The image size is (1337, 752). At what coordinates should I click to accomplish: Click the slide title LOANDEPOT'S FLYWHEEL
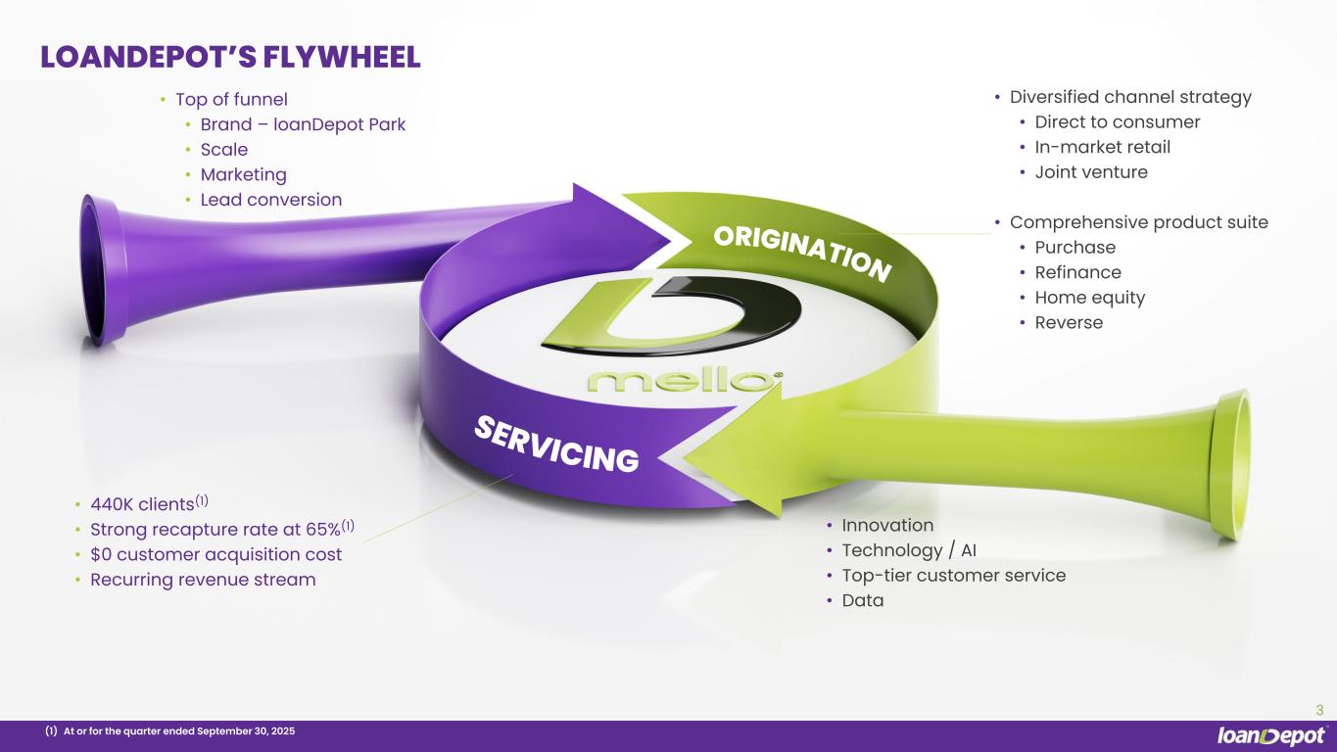(230, 58)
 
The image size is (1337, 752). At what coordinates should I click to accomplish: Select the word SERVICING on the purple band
(556, 444)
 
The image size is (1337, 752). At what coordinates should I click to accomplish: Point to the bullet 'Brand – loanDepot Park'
(303, 124)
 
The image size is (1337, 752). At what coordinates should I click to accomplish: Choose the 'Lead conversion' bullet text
(271, 200)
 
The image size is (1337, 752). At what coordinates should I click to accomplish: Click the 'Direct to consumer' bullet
(1117, 121)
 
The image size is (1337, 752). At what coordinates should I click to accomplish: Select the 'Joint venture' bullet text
(1091, 172)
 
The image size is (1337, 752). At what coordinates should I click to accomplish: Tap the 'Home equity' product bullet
(1090, 298)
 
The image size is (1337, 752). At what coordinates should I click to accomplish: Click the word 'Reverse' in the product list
(1069, 322)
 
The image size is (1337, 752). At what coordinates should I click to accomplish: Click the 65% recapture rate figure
(323, 529)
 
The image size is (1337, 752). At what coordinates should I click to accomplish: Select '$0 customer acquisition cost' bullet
(216, 554)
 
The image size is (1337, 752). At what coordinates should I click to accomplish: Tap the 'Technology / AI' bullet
(909, 550)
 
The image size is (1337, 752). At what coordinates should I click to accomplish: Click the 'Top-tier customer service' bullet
(954, 576)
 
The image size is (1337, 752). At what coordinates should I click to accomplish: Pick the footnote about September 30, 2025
(170, 731)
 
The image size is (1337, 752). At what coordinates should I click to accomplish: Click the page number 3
(1319, 710)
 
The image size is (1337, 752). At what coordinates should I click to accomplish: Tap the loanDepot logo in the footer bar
(1272, 735)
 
